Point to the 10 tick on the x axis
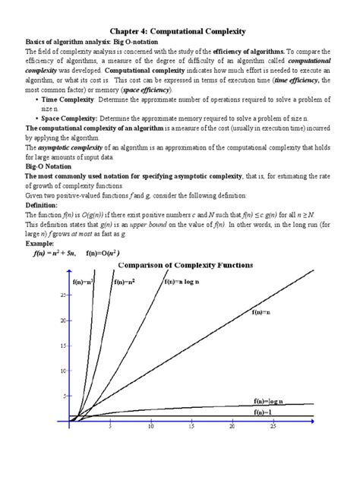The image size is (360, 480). (151, 428)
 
